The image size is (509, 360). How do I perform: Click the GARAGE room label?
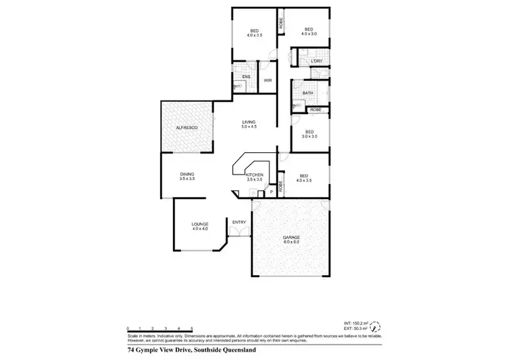[291, 237]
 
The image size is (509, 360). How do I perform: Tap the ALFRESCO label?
[186, 128]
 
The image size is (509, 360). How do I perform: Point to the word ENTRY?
[239, 222]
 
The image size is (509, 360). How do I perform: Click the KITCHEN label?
[254, 175]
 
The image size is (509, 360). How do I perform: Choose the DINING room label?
[187, 175]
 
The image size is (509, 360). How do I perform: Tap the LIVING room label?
[249, 122]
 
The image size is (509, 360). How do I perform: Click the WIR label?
[268, 81]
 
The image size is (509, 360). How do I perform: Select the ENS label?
[245, 77]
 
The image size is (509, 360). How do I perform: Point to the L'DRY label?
[315, 62]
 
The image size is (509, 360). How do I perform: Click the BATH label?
[307, 93]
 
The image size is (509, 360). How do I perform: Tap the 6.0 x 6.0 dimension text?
[291, 242]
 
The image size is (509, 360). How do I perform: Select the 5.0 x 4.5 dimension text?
[249, 127]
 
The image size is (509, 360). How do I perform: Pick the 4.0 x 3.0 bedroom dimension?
[309, 34]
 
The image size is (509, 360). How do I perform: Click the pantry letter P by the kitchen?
[271, 192]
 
